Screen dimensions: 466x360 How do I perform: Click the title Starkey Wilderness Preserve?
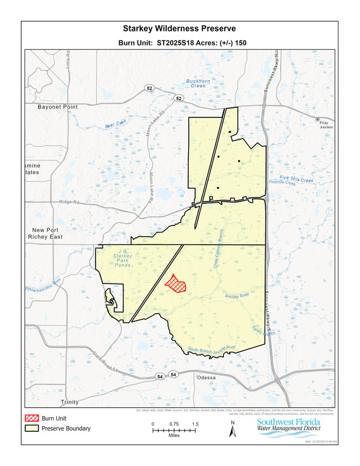tap(180, 29)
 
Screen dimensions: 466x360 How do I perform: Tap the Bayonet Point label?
tap(57, 107)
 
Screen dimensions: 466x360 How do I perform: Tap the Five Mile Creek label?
tap(296, 180)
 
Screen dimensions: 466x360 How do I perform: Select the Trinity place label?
tap(71, 402)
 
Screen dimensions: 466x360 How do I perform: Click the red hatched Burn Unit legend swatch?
tap(32, 418)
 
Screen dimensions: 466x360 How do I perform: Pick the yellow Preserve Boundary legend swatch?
tap(32, 429)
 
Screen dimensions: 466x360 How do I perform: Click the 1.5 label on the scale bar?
tap(195, 424)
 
